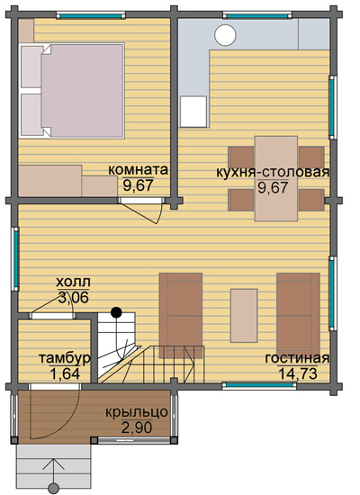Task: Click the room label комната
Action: pyautogui.click(x=138, y=170)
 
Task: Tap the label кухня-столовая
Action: pyautogui.click(x=273, y=173)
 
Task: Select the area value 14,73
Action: pyautogui.click(x=298, y=373)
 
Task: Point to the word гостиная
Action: pyautogui.click(x=297, y=358)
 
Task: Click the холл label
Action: pyautogui.click(x=73, y=282)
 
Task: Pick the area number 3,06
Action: pyautogui.click(x=73, y=297)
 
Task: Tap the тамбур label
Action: pyautogui.click(x=65, y=358)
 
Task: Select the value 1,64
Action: pyautogui.click(x=65, y=373)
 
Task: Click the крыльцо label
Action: pyautogui.click(x=137, y=412)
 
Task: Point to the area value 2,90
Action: pyautogui.click(x=137, y=427)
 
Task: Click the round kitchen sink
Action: pyautogui.click(x=226, y=35)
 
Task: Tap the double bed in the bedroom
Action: pyautogui.click(x=72, y=91)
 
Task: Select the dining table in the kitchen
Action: pyautogui.click(x=276, y=178)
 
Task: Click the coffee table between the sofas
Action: pyautogui.click(x=244, y=315)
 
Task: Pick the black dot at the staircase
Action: pyautogui.click(x=116, y=312)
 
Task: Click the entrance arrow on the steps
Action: pyautogui.click(x=54, y=475)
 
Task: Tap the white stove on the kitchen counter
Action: pyautogui.click(x=193, y=112)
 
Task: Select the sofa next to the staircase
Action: pyautogui.click(x=181, y=316)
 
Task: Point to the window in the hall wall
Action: pyautogui.click(x=16, y=258)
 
